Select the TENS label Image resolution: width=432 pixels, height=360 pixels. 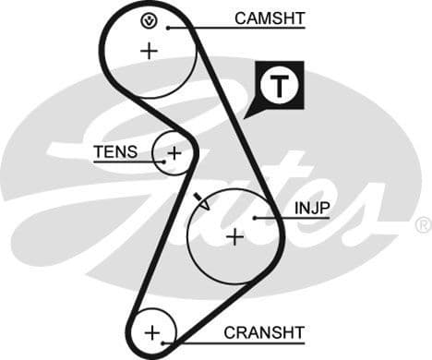115,152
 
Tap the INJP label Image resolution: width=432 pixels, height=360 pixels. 312,209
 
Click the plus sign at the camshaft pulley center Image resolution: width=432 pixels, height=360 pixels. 149,51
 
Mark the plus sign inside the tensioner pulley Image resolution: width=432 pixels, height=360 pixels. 173,152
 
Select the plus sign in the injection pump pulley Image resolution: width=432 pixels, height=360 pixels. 235,236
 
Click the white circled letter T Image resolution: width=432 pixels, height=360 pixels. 279,86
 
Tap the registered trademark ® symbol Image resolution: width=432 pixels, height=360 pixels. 423,223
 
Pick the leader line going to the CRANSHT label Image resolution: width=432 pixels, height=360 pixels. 203,340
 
